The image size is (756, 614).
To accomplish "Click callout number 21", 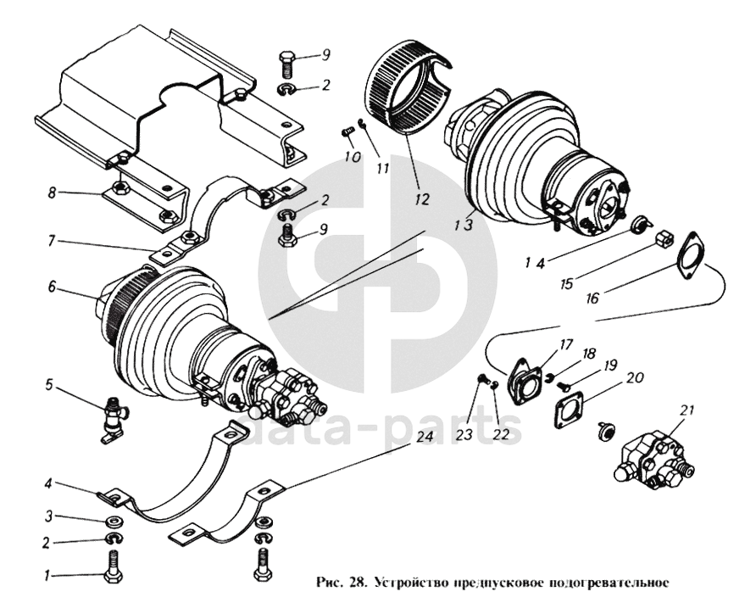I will pos(687,410).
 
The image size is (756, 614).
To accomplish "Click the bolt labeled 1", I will pos(112,562).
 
